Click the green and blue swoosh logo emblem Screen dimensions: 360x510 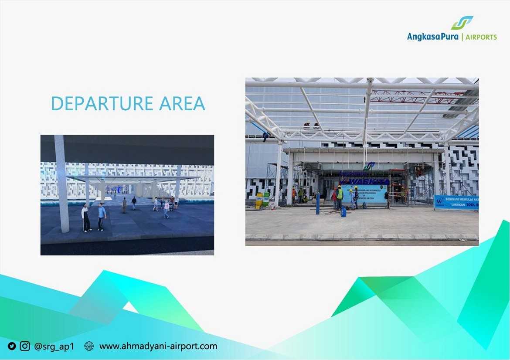462,23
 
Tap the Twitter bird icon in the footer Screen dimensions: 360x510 12,346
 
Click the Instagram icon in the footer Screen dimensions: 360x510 25,346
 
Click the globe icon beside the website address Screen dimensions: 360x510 89,346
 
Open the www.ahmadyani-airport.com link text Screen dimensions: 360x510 158,346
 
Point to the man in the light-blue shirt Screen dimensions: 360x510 102,217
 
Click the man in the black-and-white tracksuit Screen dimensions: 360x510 86,217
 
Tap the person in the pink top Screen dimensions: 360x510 166,210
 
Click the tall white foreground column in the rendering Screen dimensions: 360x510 61,183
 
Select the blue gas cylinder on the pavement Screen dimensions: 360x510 343,212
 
